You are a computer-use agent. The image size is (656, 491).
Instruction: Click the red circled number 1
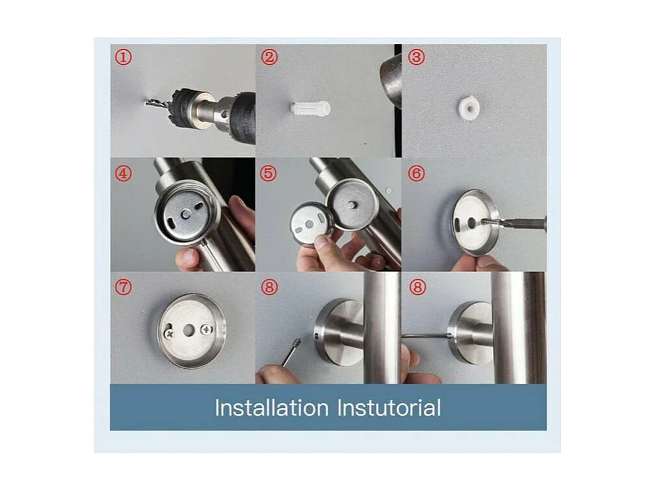(124, 57)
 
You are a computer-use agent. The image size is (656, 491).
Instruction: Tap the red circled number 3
(416, 57)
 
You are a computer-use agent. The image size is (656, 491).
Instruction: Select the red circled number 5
(269, 173)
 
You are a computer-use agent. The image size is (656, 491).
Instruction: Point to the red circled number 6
(416, 173)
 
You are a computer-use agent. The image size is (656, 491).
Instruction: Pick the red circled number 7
(124, 287)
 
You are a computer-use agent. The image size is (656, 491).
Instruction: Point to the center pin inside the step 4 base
(186, 214)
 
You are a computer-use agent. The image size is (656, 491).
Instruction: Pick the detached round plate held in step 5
(311, 224)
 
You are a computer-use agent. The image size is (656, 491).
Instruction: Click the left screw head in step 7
(170, 333)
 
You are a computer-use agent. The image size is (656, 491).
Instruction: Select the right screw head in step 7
(206, 330)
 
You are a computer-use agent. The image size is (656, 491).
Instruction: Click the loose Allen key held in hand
(291, 352)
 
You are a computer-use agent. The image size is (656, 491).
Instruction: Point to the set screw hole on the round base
(316, 334)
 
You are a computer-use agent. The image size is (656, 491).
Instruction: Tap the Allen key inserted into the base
(425, 336)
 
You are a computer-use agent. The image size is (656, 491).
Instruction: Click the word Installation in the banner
(272, 407)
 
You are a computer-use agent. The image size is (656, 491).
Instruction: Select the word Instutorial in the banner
(389, 407)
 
